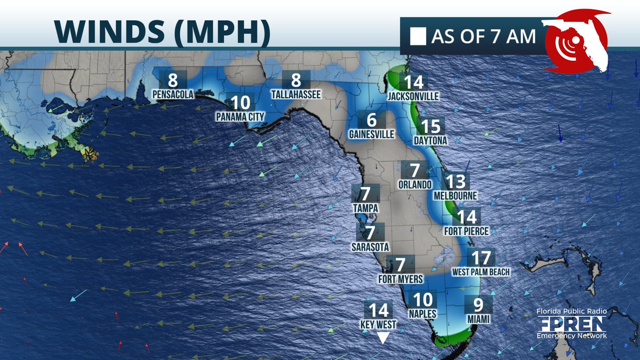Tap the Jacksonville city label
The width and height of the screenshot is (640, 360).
click(x=413, y=97)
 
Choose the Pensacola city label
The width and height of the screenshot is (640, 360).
click(x=173, y=94)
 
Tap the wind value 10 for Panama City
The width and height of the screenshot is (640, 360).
click(x=240, y=101)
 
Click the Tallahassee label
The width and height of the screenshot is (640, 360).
click(x=296, y=94)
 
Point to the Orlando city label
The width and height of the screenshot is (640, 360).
click(x=415, y=185)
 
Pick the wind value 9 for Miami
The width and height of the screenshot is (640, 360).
click(x=478, y=305)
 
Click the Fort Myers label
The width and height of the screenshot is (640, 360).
click(x=401, y=279)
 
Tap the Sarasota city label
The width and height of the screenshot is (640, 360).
click(x=370, y=247)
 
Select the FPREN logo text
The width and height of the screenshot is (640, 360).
click(x=571, y=324)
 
